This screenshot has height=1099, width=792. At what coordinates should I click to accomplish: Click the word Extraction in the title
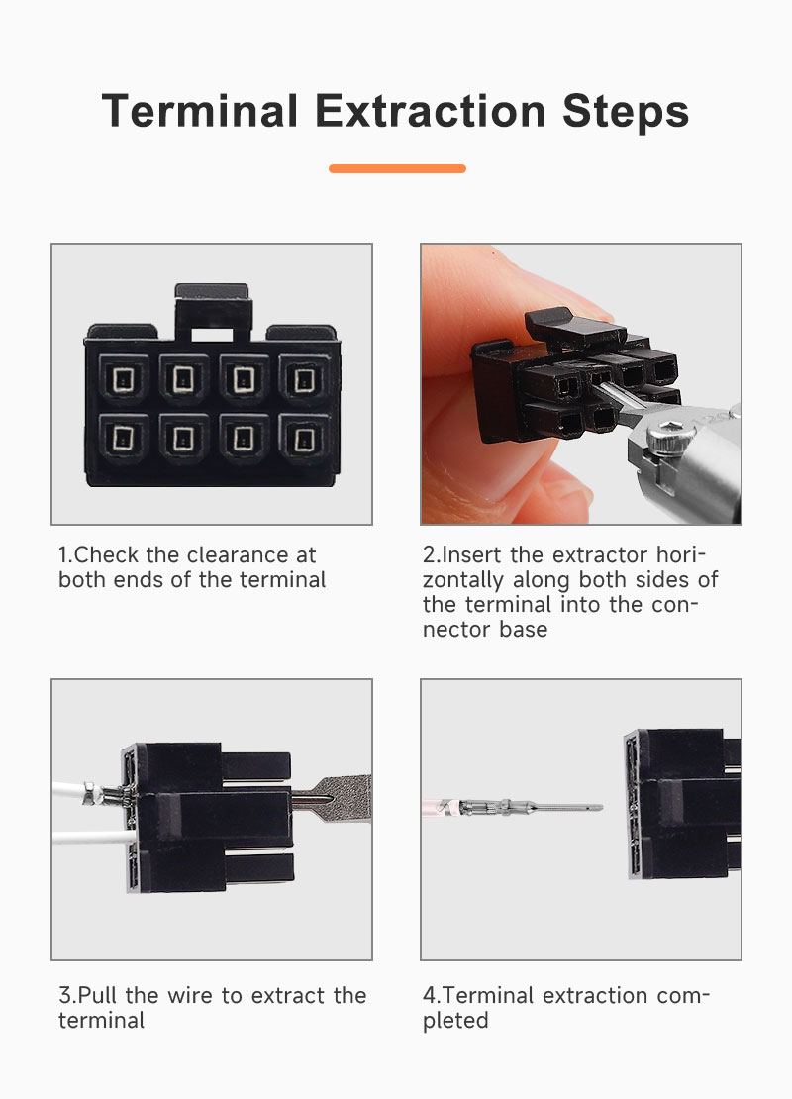tap(431, 111)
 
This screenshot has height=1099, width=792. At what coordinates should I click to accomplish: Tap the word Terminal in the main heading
tap(200, 111)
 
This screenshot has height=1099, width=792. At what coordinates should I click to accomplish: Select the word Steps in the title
tap(626, 112)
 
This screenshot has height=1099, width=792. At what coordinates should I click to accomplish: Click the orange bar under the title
tap(397, 168)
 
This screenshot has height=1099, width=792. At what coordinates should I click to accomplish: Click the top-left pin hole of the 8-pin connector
tap(124, 379)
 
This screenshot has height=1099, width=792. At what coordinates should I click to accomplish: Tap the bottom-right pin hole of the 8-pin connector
tap(304, 440)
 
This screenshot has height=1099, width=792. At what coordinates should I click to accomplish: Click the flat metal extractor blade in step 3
tap(333, 798)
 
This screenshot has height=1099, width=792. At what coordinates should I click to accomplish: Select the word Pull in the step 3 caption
tap(97, 995)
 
